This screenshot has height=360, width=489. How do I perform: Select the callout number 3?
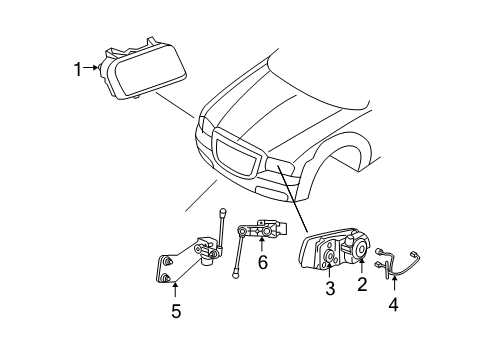click(x=329, y=289)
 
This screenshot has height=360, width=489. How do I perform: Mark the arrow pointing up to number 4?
click(x=390, y=284)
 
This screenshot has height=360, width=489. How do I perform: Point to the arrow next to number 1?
click(x=98, y=68)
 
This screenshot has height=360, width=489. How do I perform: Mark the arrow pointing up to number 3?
click(x=329, y=272)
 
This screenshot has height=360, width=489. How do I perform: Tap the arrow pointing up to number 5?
click(x=175, y=291)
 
